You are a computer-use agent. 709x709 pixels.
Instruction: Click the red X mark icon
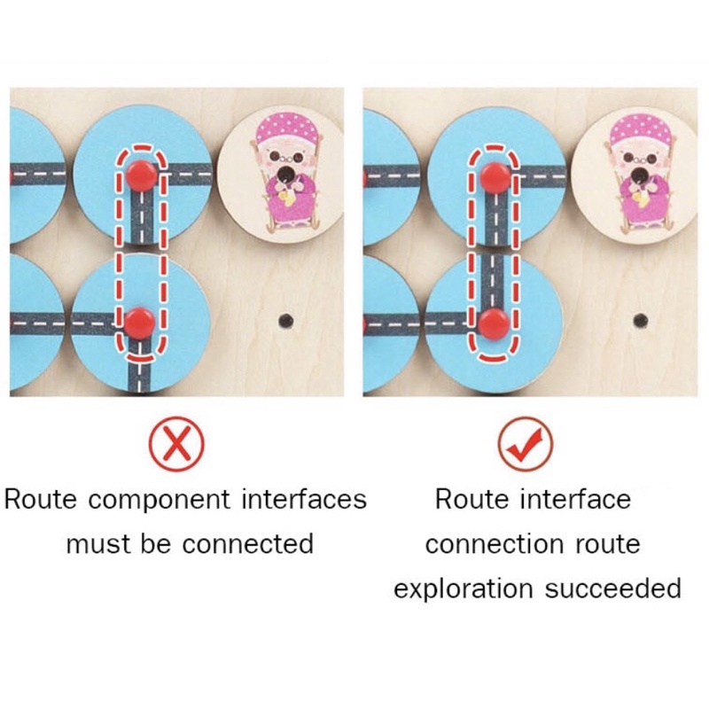pyautogui.click(x=176, y=444)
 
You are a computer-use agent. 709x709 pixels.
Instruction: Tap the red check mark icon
pyautogui.click(x=526, y=444)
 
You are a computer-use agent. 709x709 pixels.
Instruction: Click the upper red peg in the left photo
pyautogui.click(x=142, y=174)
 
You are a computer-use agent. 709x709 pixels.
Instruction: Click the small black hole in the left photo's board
pyautogui.click(x=285, y=321)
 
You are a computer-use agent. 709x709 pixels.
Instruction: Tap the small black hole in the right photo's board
pyautogui.click(x=640, y=321)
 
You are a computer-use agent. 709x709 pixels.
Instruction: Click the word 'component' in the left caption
pyautogui.click(x=160, y=501)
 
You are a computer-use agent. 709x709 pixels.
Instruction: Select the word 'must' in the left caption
pyautogui.click(x=96, y=543)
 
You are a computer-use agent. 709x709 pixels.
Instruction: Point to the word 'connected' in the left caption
pyautogui.click(x=248, y=543)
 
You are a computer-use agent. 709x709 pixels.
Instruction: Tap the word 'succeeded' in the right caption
pyautogui.click(x=612, y=588)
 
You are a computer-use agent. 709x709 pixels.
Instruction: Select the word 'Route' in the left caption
pyautogui.click(x=40, y=500)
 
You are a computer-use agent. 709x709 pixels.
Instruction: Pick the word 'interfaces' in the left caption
pyautogui.click(x=304, y=500)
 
